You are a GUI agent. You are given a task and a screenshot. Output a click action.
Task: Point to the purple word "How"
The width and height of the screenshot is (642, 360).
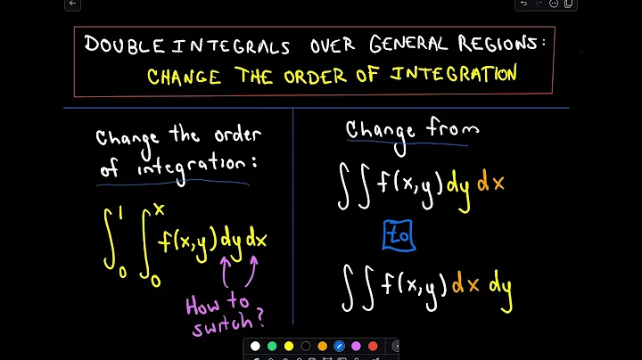pos(206,306)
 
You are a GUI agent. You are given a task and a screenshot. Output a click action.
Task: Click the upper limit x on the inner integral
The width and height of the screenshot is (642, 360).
pos(159,209)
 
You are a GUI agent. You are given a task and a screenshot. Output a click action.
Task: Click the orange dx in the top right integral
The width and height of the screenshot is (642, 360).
pos(491,184)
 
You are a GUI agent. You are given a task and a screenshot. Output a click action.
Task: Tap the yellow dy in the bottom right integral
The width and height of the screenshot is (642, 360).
pos(496,286)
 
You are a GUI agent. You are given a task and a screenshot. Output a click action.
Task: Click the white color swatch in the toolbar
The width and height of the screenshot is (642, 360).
pos(255,347)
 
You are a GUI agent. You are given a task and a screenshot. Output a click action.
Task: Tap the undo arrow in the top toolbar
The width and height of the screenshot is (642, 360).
pos(524,4)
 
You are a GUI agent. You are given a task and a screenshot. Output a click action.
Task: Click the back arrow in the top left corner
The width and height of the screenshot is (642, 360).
pos(73,4)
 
